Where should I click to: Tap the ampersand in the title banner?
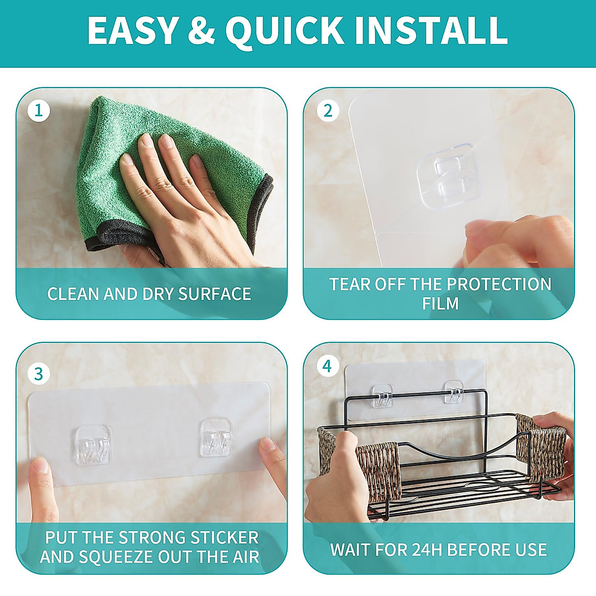(x=201, y=31)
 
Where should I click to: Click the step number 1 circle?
(x=39, y=110)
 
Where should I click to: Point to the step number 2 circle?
(x=327, y=110)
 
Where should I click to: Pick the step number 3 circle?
(x=39, y=373)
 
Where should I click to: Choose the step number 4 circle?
(x=327, y=366)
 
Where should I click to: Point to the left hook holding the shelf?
(x=383, y=396)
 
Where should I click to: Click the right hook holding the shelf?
(x=454, y=392)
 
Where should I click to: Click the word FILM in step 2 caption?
(x=440, y=303)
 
